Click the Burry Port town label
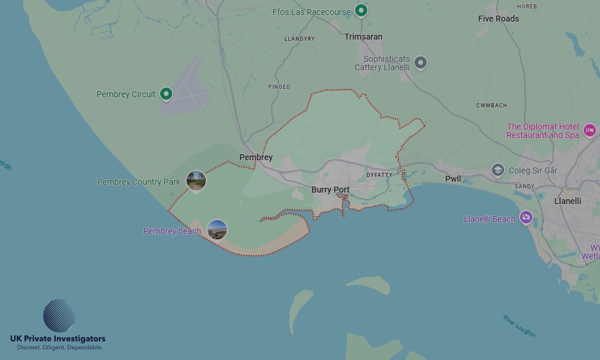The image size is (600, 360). pos(330,190)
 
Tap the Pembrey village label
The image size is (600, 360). pos(256,158)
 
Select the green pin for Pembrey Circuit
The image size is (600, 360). pos(166,94)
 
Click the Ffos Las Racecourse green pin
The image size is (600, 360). pos(361,10)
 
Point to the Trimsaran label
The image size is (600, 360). pos(363,37)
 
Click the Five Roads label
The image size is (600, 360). pos(498,19)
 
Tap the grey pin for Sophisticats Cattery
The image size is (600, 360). pos(421,62)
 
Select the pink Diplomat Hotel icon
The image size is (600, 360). pos(589,130)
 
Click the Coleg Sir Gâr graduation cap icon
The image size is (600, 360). pos(497,170)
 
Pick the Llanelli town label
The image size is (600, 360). pos(568,201)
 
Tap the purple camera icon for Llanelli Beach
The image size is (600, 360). pos(526,217)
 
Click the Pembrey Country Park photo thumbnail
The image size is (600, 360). pos(196,180)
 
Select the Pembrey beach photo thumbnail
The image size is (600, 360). pos(217,229)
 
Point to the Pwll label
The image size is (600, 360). pos(453,179)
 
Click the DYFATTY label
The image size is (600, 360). pos(379,175)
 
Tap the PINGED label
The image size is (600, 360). pos(279,87)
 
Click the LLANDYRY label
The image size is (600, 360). pos(299,39)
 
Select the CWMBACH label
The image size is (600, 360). pos(491,106)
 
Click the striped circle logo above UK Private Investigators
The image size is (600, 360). pos(59,316)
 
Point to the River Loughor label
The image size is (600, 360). pos(520,326)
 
